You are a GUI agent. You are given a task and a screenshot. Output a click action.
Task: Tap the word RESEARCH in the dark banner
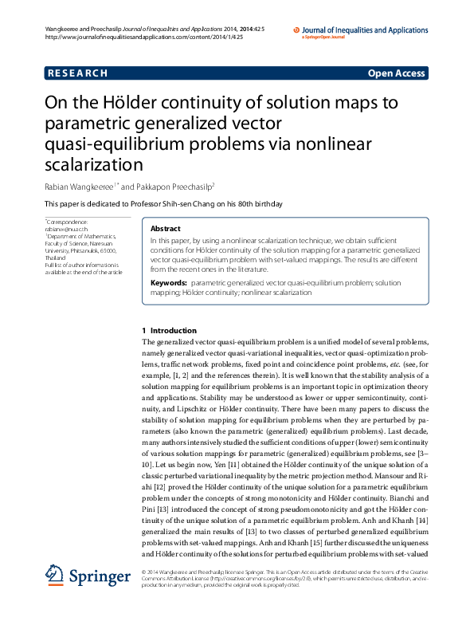(77, 73)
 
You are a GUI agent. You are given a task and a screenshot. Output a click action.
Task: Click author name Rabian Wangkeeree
(80, 186)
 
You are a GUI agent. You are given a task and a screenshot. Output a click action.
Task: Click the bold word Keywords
(169, 283)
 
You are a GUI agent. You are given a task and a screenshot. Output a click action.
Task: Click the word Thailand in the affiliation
(56, 258)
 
